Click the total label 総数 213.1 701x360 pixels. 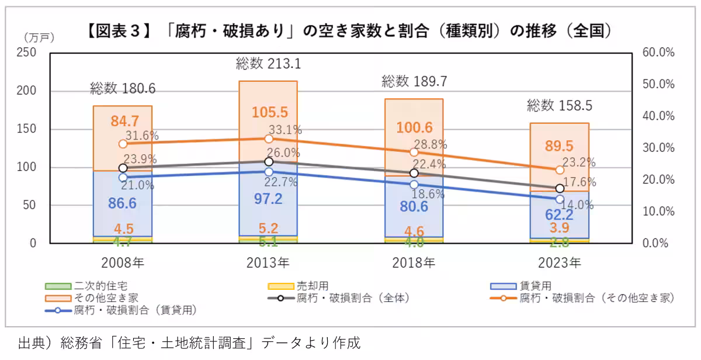(x=268, y=63)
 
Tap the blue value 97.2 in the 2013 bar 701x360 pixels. (x=268, y=199)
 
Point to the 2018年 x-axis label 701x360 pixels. (x=414, y=262)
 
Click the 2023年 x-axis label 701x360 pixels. (x=559, y=262)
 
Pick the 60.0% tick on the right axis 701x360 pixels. (x=658, y=53)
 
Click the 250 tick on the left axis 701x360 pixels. (x=27, y=53)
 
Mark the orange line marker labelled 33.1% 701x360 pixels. (x=269, y=139)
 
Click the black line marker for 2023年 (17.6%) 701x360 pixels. (x=560, y=188)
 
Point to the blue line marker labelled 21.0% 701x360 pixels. (x=123, y=177)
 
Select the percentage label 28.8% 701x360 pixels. (x=431, y=144)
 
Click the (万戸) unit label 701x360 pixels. (x=39, y=37)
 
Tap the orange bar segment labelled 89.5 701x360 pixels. (x=560, y=146)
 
